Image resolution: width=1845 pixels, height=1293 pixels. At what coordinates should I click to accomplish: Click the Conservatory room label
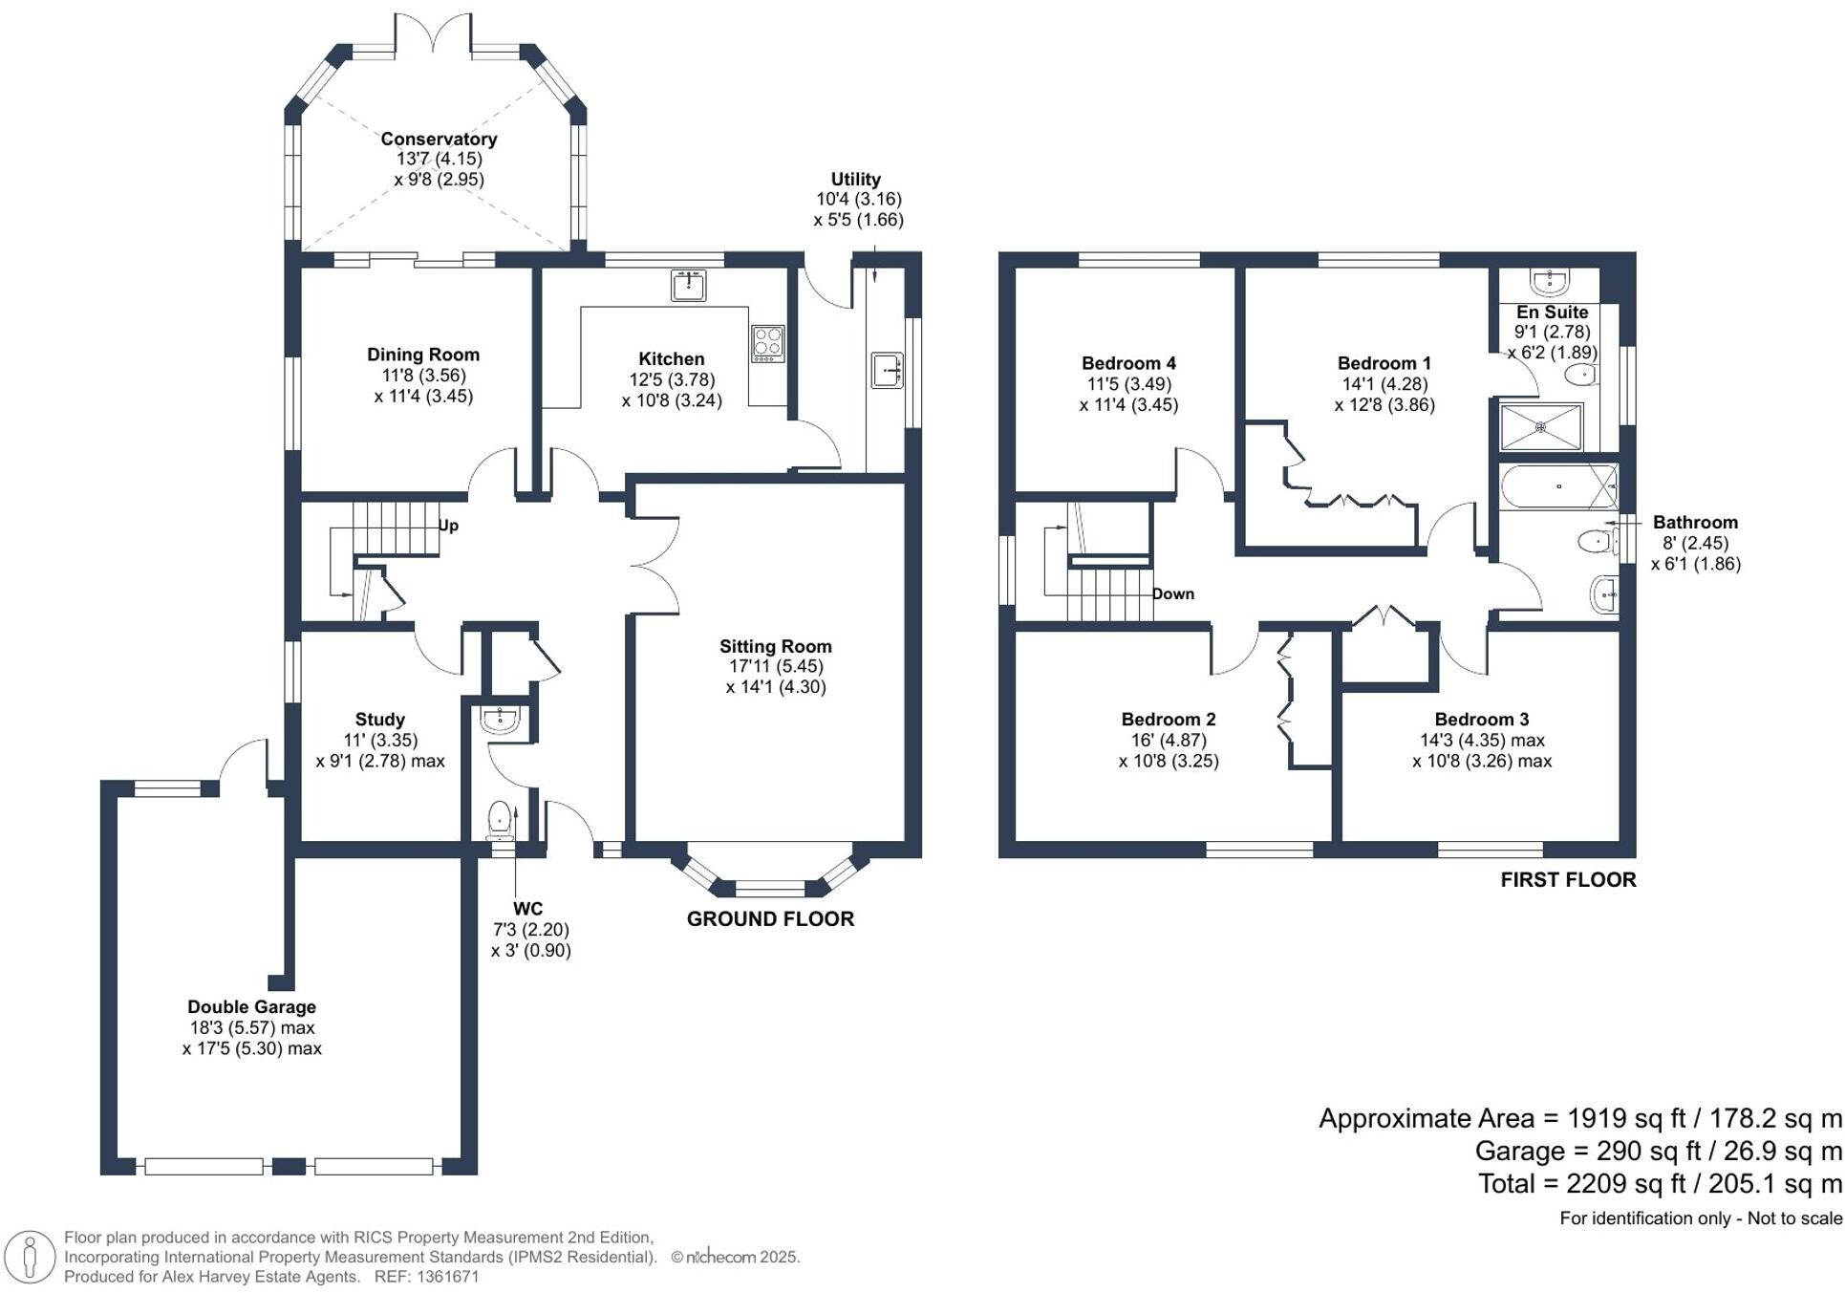pyautogui.click(x=439, y=139)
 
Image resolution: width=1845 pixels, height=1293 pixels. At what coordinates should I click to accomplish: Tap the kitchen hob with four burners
pyautogui.click(x=768, y=344)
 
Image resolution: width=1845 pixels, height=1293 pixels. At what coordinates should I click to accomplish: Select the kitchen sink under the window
pyautogui.click(x=688, y=285)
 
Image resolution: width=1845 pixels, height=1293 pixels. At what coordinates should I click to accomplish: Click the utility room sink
pyautogui.click(x=888, y=371)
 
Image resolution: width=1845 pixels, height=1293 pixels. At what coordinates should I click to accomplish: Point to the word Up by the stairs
pyautogui.click(x=448, y=526)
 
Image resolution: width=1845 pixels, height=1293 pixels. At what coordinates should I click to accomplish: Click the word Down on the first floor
pyautogui.click(x=1173, y=593)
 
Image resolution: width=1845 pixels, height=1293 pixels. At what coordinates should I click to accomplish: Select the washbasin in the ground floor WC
pyautogui.click(x=500, y=719)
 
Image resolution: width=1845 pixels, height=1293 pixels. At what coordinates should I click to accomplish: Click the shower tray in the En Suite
pyautogui.click(x=1541, y=427)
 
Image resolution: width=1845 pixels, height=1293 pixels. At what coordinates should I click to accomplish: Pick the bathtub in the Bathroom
pyautogui.click(x=1558, y=486)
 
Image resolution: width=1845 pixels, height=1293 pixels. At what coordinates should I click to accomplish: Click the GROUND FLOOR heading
pyautogui.click(x=770, y=918)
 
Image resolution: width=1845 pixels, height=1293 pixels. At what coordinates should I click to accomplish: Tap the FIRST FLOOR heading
pyautogui.click(x=1568, y=879)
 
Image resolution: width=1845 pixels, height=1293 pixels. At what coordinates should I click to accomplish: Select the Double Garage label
pyautogui.click(x=251, y=1006)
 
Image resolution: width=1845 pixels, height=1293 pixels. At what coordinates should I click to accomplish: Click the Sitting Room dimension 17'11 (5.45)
pyautogui.click(x=775, y=666)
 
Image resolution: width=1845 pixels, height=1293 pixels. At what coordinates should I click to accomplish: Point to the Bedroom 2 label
pyautogui.click(x=1169, y=719)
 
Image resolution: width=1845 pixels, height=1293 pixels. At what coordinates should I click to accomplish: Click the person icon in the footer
pyautogui.click(x=30, y=1257)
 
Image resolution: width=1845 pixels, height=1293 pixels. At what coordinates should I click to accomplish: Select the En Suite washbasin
pyautogui.click(x=1549, y=281)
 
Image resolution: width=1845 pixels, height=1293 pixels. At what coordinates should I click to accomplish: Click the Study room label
pyautogui.click(x=380, y=719)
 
